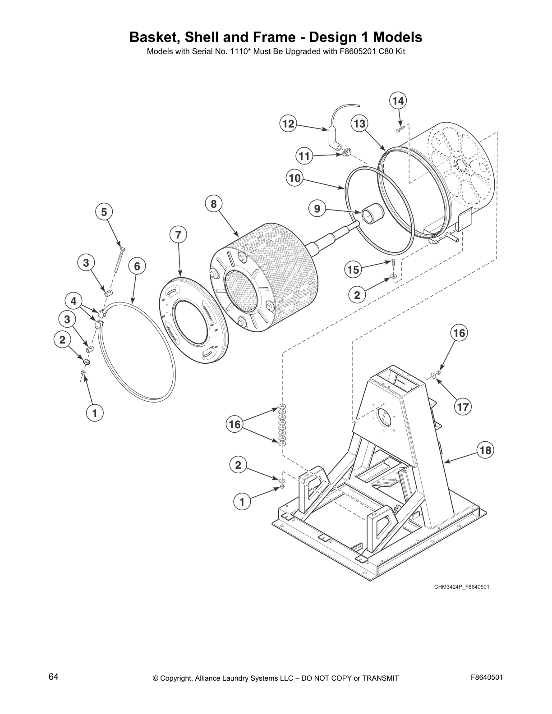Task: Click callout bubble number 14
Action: click(x=398, y=101)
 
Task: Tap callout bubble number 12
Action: click(x=289, y=124)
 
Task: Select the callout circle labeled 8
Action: click(x=213, y=204)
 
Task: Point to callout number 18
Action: click(x=485, y=450)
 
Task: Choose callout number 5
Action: click(x=104, y=212)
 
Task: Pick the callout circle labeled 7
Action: click(x=178, y=234)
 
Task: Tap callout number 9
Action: click(x=317, y=208)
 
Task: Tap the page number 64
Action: click(x=53, y=677)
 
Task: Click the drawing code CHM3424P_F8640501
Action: click(x=461, y=587)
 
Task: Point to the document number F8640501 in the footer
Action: click(x=487, y=677)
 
